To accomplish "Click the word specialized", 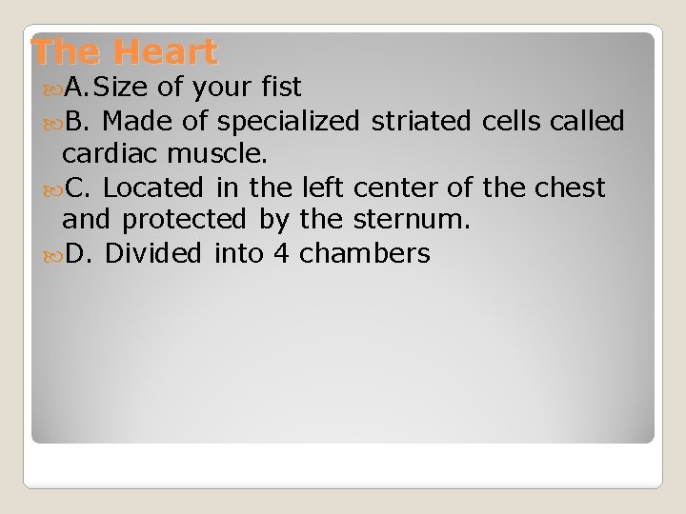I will tap(289, 122).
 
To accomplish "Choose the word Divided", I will tap(153, 254).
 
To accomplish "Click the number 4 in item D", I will tap(281, 254).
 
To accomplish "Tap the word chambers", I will tap(365, 254).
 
